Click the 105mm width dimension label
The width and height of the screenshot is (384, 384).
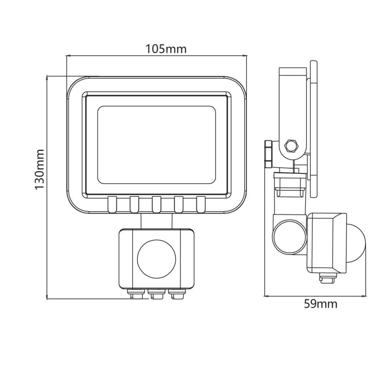tap(166, 49)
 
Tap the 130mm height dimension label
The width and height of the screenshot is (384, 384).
tap(40, 169)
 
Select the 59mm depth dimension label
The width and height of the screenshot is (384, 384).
tap(321, 304)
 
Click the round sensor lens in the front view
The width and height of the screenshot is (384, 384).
tap(157, 259)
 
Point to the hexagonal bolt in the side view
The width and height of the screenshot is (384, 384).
tap(291, 146)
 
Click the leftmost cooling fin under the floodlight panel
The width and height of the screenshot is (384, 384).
tap(112, 204)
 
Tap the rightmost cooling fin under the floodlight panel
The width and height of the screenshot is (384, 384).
tap(201, 204)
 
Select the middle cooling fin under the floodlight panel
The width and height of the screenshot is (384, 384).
tap(157, 204)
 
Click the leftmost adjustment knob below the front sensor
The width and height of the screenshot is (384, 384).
tap(136, 294)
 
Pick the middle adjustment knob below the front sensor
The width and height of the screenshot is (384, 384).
tap(157, 294)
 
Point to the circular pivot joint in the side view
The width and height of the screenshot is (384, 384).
tap(290, 236)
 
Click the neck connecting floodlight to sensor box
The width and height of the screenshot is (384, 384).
tap(156, 221)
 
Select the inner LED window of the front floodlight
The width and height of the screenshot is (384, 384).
tap(157, 145)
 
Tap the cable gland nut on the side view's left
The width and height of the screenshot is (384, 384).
tap(268, 154)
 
